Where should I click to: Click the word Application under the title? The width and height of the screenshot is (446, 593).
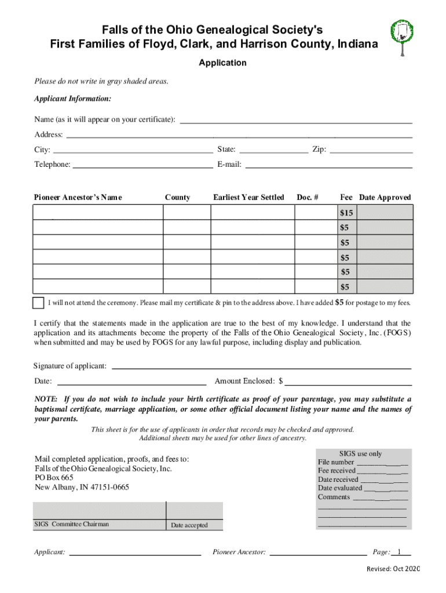tap(222, 63)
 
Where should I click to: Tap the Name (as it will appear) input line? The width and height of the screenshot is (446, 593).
tap(296, 120)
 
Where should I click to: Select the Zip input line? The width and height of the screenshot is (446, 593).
tap(371, 150)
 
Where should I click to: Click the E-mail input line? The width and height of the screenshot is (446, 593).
tap(328, 165)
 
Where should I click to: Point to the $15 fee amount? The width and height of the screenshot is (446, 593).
tap(346, 213)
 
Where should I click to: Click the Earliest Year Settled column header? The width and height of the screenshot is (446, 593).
tap(248, 197)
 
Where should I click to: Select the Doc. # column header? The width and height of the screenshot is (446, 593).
tap(308, 197)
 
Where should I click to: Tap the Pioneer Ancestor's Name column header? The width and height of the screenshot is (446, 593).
tap(78, 197)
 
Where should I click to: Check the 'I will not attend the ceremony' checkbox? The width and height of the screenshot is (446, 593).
tap(38, 303)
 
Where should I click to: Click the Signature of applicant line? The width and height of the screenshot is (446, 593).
tap(261, 366)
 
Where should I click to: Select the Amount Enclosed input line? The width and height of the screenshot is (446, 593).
tap(348, 382)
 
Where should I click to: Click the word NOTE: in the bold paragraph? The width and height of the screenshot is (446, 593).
tap(46, 400)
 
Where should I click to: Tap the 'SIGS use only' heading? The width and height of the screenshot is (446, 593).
tap(360, 453)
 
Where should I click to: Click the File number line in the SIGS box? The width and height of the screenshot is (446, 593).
tap(382, 463)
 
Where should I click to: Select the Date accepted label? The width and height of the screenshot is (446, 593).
tap(189, 525)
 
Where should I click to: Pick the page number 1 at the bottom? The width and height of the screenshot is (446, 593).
tap(399, 552)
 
